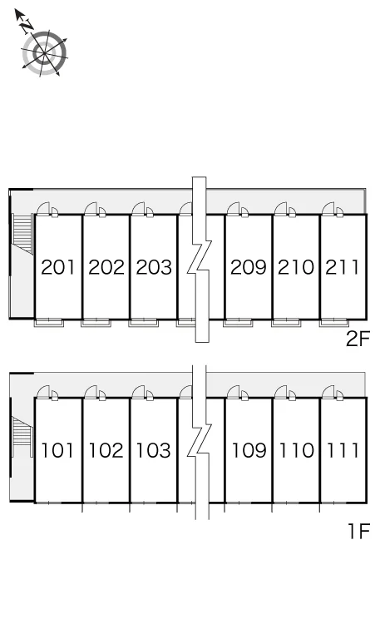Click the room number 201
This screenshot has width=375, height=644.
58,267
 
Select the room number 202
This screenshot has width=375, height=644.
106,267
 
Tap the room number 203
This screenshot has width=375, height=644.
154,267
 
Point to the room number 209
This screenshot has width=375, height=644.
249,267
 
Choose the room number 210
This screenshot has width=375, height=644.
296,267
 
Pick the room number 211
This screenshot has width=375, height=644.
343,267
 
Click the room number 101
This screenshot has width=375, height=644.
57,451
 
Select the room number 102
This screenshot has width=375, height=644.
106,451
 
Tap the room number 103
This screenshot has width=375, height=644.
154,451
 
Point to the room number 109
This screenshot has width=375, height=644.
249,451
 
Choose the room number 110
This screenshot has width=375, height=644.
296,451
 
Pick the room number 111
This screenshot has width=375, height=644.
343,451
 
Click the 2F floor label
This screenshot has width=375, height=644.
358,339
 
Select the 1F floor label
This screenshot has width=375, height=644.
359,531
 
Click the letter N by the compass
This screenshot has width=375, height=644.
27,27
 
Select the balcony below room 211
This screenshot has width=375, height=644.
334,322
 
